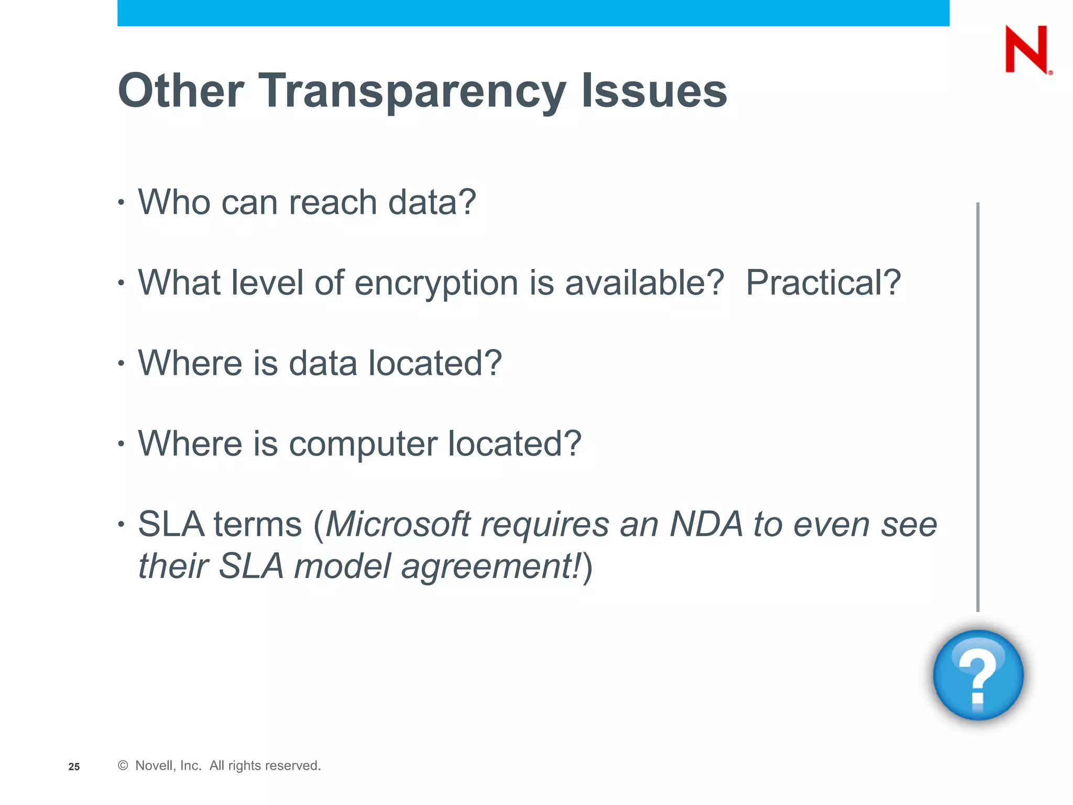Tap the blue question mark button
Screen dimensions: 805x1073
(x=978, y=675)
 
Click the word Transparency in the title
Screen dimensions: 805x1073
(x=412, y=91)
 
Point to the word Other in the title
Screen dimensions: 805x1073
(x=181, y=91)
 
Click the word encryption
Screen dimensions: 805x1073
(x=436, y=284)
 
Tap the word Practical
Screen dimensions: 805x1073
(x=823, y=284)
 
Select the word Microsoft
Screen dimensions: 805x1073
(x=398, y=524)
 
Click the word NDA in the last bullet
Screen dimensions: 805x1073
(x=706, y=524)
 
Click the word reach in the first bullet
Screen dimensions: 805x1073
(x=333, y=203)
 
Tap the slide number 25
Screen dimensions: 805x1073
(x=74, y=767)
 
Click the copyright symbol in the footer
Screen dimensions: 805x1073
(x=123, y=766)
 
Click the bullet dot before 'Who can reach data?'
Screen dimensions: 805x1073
(x=122, y=202)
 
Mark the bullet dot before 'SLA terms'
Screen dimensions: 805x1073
(x=122, y=524)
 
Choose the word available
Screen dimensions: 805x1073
(x=644, y=284)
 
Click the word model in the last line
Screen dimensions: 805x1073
(x=342, y=567)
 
